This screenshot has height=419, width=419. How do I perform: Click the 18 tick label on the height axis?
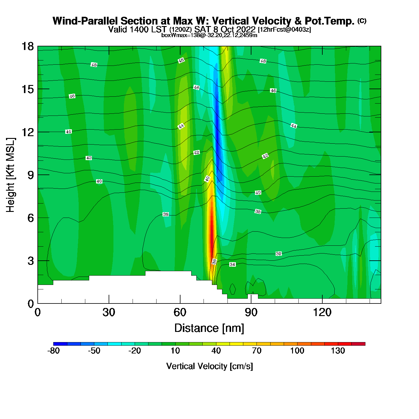[27, 46]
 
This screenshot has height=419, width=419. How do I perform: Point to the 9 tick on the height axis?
[31, 175]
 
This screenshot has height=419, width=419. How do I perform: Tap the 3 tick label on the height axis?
[31, 261]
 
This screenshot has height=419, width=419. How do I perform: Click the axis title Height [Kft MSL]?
[10, 175]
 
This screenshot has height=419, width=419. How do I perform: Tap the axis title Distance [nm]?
[209, 328]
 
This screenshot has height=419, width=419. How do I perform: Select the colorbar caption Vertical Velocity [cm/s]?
[209, 366]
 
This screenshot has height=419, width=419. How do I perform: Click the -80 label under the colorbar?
[54, 351]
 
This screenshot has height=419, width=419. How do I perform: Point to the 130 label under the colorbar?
[338, 351]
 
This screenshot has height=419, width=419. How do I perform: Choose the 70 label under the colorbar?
[256, 351]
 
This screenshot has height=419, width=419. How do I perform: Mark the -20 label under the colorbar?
[135, 351]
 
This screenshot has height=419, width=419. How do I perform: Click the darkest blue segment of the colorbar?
[60, 344]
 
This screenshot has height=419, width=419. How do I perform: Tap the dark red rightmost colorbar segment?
[358, 344]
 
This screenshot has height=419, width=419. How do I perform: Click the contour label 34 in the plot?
[233, 265]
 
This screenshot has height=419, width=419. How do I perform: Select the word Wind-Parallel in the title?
[86, 21]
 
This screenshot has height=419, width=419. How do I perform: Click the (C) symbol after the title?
[362, 21]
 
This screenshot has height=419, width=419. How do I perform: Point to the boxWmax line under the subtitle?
[209, 35]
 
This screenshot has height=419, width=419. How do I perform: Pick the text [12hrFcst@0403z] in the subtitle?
[284, 30]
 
